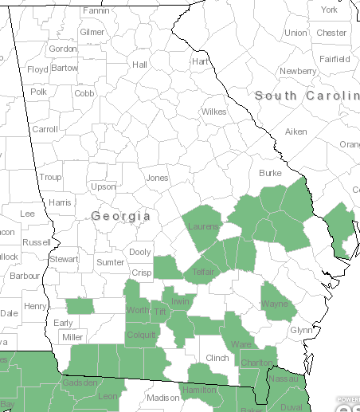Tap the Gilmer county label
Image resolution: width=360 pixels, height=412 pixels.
pyautogui.click(x=92, y=32)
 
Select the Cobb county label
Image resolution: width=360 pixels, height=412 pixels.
pyautogui.click(x=84, y=93)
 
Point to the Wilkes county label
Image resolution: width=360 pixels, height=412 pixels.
pyautogui.click(x=213, y=112)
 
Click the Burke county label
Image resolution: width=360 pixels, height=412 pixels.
pyautogui.click(x=271, y=173)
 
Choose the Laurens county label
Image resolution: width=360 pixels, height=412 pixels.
pyautogui.click(x=203, y=227)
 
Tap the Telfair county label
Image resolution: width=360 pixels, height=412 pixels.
pyautogui.click(x=205, y=272)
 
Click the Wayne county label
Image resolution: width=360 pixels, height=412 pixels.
pyautogui.click(x=275, y=304)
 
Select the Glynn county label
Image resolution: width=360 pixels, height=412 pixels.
pyautogui.click(x=301, y=330)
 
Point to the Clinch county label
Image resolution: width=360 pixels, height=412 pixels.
pyautogui.click(x=217, y=359)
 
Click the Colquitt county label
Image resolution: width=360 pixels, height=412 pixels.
pyautogui.click(x=141, y=335)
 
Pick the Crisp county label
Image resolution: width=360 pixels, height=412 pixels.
pyautogui.click(x=142, y=273)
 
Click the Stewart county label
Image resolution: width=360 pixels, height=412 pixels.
pyautogui.click(x=64, y=259)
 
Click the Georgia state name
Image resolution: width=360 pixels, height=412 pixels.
pyautogui.click(x=120, y=216)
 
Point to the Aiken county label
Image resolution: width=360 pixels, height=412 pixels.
pyautogui.click(x=295, y=131)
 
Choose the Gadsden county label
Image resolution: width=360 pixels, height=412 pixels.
pyautogui.click(x=80, y=383)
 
